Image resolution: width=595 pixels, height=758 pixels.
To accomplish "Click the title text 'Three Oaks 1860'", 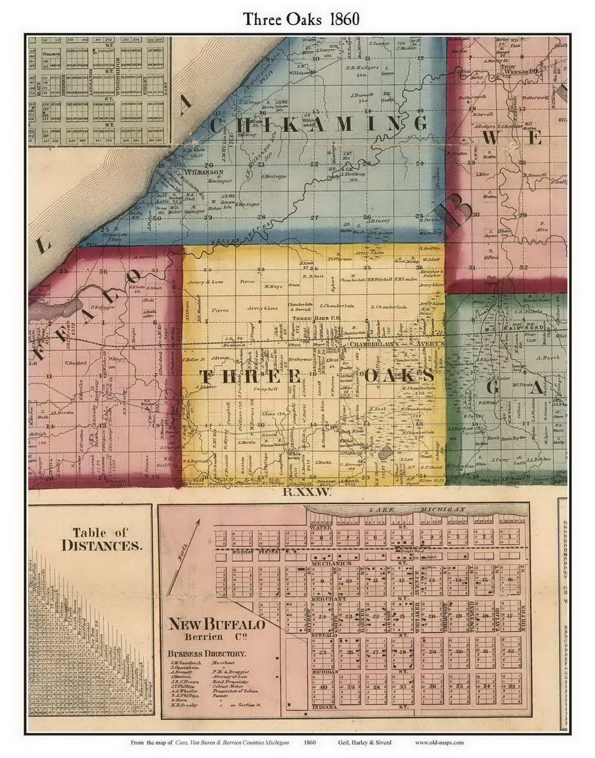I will [x=300, y=19].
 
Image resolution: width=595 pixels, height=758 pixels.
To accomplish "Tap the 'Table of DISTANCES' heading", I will [x=102, y=539].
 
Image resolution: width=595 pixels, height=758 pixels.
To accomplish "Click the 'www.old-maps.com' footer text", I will [x=439, y=742].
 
